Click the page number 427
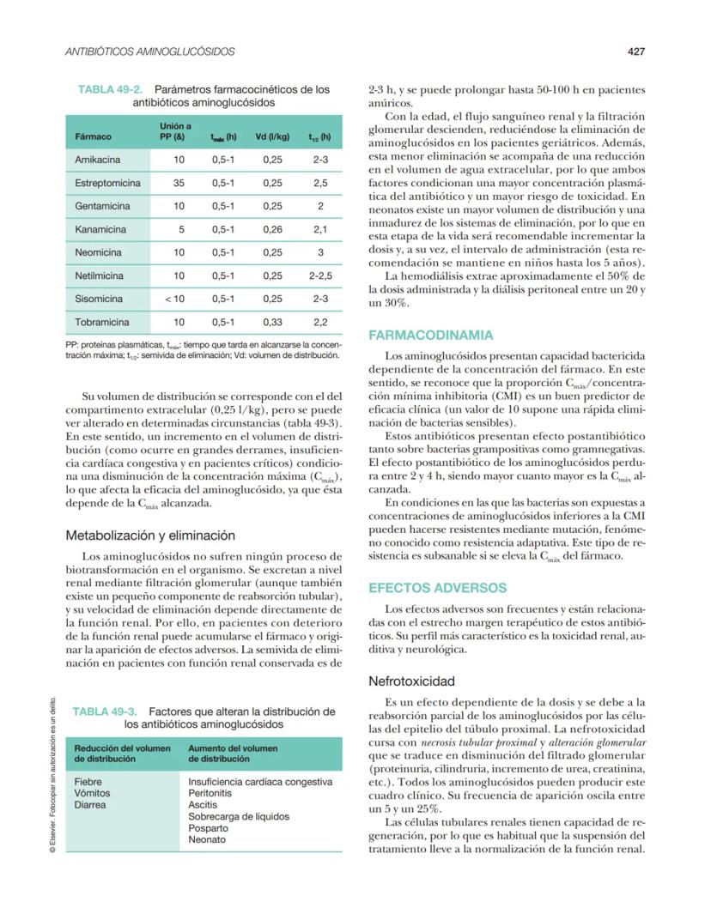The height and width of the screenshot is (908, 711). click(x=635, y=51)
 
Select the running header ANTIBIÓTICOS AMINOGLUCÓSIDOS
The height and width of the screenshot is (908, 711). click(x=150, y=52)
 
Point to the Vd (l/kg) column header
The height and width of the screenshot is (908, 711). click(x=274, y=136)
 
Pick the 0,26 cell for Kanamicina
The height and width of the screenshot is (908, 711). click(x=273, y=229)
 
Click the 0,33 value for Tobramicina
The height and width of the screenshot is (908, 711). click(x=273, y=322)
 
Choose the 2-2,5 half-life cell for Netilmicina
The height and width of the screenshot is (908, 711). click(x=320, y=275)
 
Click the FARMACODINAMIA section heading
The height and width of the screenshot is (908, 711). click(x=430, y=335)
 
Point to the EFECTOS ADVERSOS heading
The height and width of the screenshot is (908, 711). click(x=437, y=588)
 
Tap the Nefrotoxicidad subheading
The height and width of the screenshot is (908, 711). click(x=411, y=681)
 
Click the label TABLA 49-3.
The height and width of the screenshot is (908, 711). click(x=107, y=711)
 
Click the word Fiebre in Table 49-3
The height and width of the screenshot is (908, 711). click(x=88, y=782)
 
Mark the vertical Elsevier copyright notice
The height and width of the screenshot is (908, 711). click(x=53, y=772)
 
